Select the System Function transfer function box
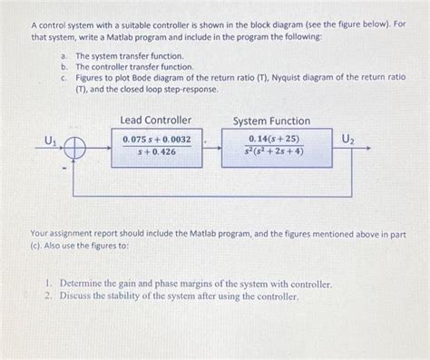coord(271,145)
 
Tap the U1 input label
coord(51,139)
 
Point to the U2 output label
coord(348,138)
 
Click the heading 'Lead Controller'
coord(156,120)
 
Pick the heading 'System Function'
coord(271,121)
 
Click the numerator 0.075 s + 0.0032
coord(156,139)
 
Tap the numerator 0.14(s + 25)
coord(271,138)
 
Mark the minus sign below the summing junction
coord(65,167)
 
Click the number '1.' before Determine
coord(49,284)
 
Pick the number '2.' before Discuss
coord(49,296)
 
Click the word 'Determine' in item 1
coord(82,284)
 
